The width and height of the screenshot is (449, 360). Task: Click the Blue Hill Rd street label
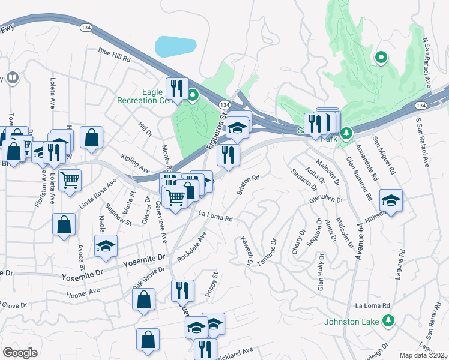115,55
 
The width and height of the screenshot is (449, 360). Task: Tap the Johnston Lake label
352,322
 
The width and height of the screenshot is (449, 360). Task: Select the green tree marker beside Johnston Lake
388,321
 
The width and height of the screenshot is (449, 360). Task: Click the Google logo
20,352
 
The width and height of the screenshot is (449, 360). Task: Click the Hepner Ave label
83,292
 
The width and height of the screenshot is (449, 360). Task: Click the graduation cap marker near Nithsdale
391,201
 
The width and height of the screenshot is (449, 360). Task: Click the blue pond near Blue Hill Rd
175,45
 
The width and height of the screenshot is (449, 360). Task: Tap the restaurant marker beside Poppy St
182,291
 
